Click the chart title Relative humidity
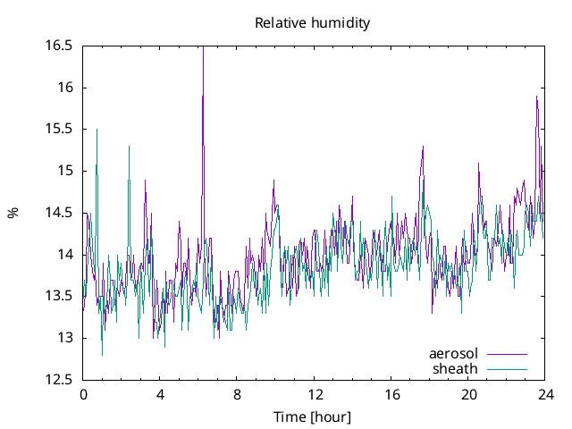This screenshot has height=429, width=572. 312,23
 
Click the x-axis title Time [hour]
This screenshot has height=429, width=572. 312,417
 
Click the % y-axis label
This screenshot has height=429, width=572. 13,213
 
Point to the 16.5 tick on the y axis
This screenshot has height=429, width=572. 60,46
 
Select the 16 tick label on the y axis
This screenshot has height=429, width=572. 65,88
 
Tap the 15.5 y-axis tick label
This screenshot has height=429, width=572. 60,130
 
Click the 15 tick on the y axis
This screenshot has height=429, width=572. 65,171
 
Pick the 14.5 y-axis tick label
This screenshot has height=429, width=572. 60,213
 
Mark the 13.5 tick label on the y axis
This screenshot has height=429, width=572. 60,297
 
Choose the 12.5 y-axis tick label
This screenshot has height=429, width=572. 60,380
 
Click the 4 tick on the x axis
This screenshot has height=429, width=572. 160,394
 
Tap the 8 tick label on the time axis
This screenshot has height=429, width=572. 238,394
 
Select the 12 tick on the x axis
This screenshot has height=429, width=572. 315,394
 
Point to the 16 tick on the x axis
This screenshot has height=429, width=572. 391,394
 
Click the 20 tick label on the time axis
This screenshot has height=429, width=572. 469,394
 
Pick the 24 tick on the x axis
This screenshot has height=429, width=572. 546,394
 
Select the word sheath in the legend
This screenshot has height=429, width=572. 456,368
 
